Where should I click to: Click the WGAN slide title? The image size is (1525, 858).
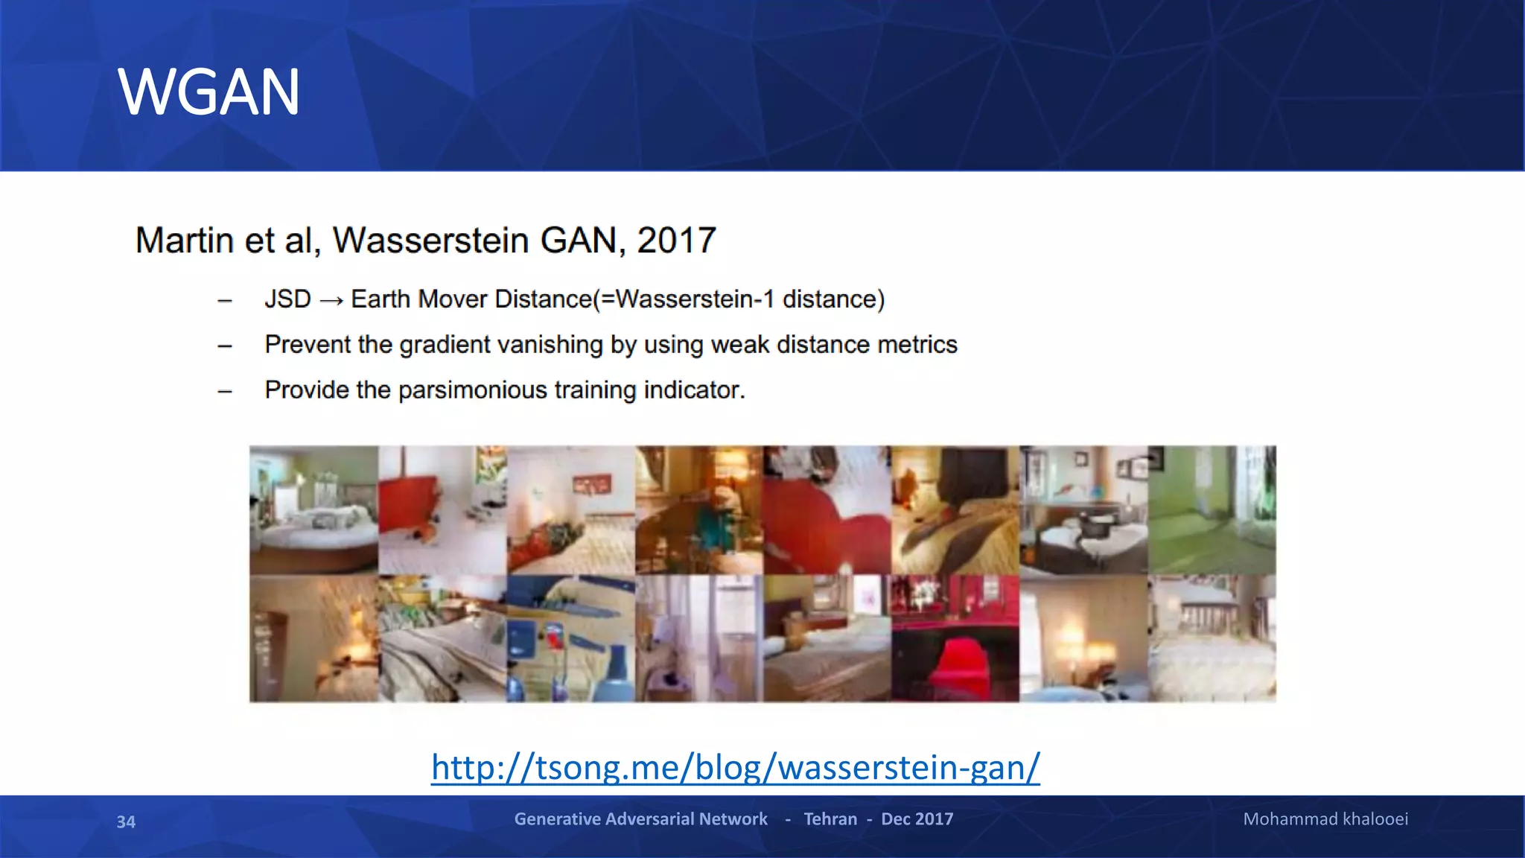(208, 92)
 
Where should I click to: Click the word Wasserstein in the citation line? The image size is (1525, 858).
(430, 241)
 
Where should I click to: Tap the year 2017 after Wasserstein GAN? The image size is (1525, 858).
(676, 241)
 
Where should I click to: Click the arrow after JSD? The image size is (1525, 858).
(331, 300)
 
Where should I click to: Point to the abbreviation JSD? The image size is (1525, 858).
(287, 299)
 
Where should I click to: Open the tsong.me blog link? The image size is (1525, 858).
(735, 767)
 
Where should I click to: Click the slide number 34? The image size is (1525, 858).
(126, 822)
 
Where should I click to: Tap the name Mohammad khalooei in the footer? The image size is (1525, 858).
(1325, 819)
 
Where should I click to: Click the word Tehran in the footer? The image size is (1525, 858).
(830, 819)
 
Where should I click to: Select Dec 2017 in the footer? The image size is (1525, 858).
(917, 819)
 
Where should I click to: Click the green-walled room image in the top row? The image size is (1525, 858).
(1212, 510)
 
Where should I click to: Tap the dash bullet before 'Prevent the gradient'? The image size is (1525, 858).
(225, 346)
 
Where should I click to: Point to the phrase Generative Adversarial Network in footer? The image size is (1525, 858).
(640, 819)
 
